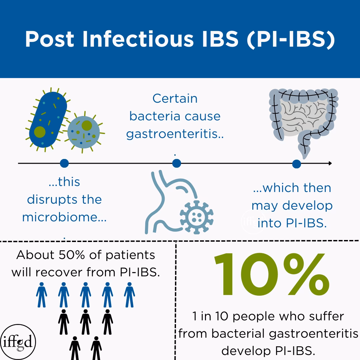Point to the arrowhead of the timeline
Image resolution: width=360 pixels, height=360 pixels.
(330, 163)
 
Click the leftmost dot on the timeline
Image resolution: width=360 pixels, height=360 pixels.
(64, 163)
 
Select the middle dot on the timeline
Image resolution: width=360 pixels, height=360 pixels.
(177, 163)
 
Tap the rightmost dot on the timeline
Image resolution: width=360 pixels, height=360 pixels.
(296, 164)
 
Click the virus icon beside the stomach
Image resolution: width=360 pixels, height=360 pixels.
(197, 217)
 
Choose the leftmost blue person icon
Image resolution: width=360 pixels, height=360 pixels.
(42, 295)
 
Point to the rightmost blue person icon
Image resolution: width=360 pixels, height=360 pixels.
(129, 295)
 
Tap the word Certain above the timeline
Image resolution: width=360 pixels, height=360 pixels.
(175, 99)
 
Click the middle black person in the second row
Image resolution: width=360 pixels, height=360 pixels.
(86, 322)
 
